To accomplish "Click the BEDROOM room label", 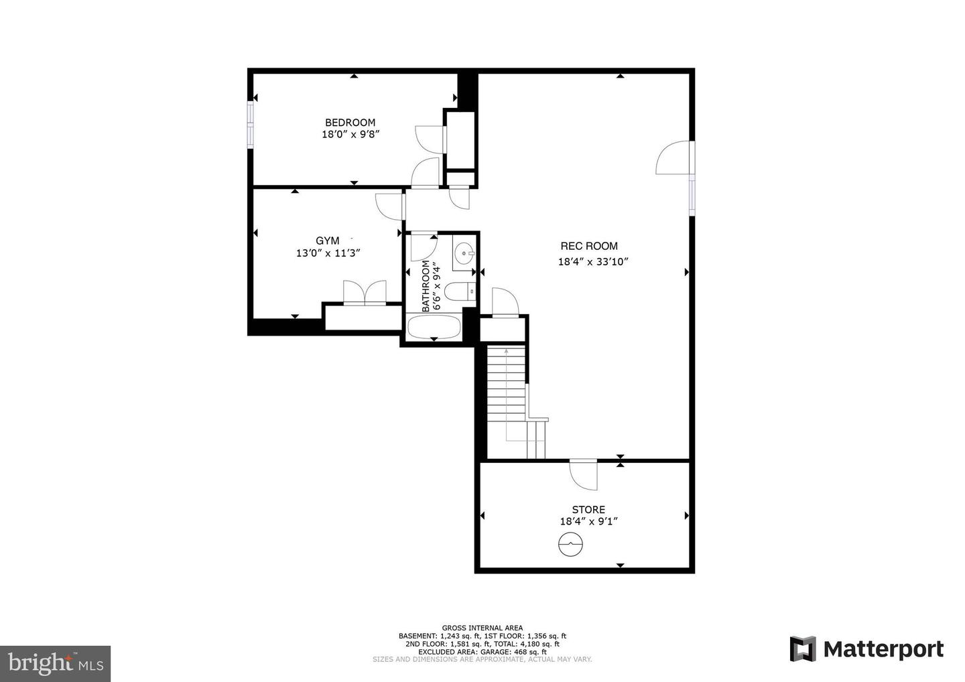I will [x=350, y=123].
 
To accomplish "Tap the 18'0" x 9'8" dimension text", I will [x=351, y=134].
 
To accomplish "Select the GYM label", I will [x=327, y=241].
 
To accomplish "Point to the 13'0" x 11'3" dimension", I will [x=328, y=253].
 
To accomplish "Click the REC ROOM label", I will [x=589, y=246].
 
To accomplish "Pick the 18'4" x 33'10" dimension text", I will [x=593, y=262].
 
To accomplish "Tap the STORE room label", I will [x=588, y=510].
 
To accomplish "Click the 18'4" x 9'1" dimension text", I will [x=588, y=521].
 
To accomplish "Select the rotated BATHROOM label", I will [x=426, y=286].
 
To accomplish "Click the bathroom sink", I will [x=464, y=253].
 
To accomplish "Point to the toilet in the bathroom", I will [x=460, y=292].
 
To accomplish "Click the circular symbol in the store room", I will [x=569, y=544].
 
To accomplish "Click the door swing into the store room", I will [x=584, y=474].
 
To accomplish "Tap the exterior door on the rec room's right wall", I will [x=675, y=158].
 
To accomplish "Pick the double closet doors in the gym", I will [x=365, y=293].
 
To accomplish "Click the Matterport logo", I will [x=866, y=649].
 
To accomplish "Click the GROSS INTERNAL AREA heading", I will [x=482, y=628].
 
